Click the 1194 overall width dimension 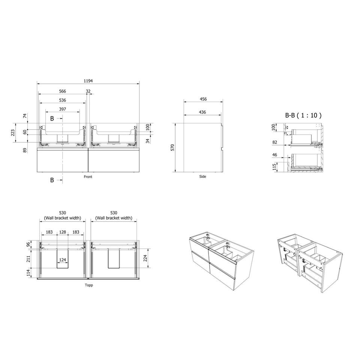[88, 81]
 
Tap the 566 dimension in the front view [63, 91]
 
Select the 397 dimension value [63, 109]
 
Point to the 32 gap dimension [88, 91]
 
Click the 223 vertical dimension [13, 132]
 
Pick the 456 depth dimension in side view [203, 99]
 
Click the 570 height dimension [172, 147]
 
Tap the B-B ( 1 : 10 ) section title [303, 115]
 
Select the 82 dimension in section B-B [275, 142]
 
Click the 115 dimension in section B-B [274, 167]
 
